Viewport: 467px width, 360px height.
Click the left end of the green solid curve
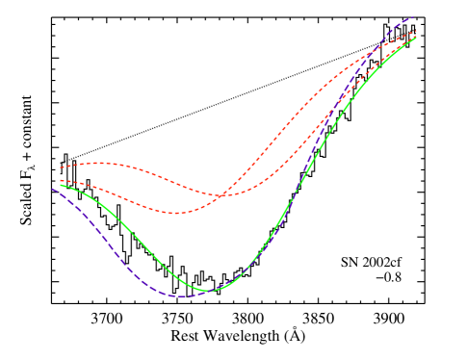60,184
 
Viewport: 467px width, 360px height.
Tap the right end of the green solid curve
416,39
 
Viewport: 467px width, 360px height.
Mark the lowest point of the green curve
208,290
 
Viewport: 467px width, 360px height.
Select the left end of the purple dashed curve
52,189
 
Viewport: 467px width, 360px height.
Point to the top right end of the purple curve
414,16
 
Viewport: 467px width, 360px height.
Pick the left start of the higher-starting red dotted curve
60,167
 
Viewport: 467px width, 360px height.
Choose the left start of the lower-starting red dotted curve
60,180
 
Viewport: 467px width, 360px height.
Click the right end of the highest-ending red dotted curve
416,31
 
